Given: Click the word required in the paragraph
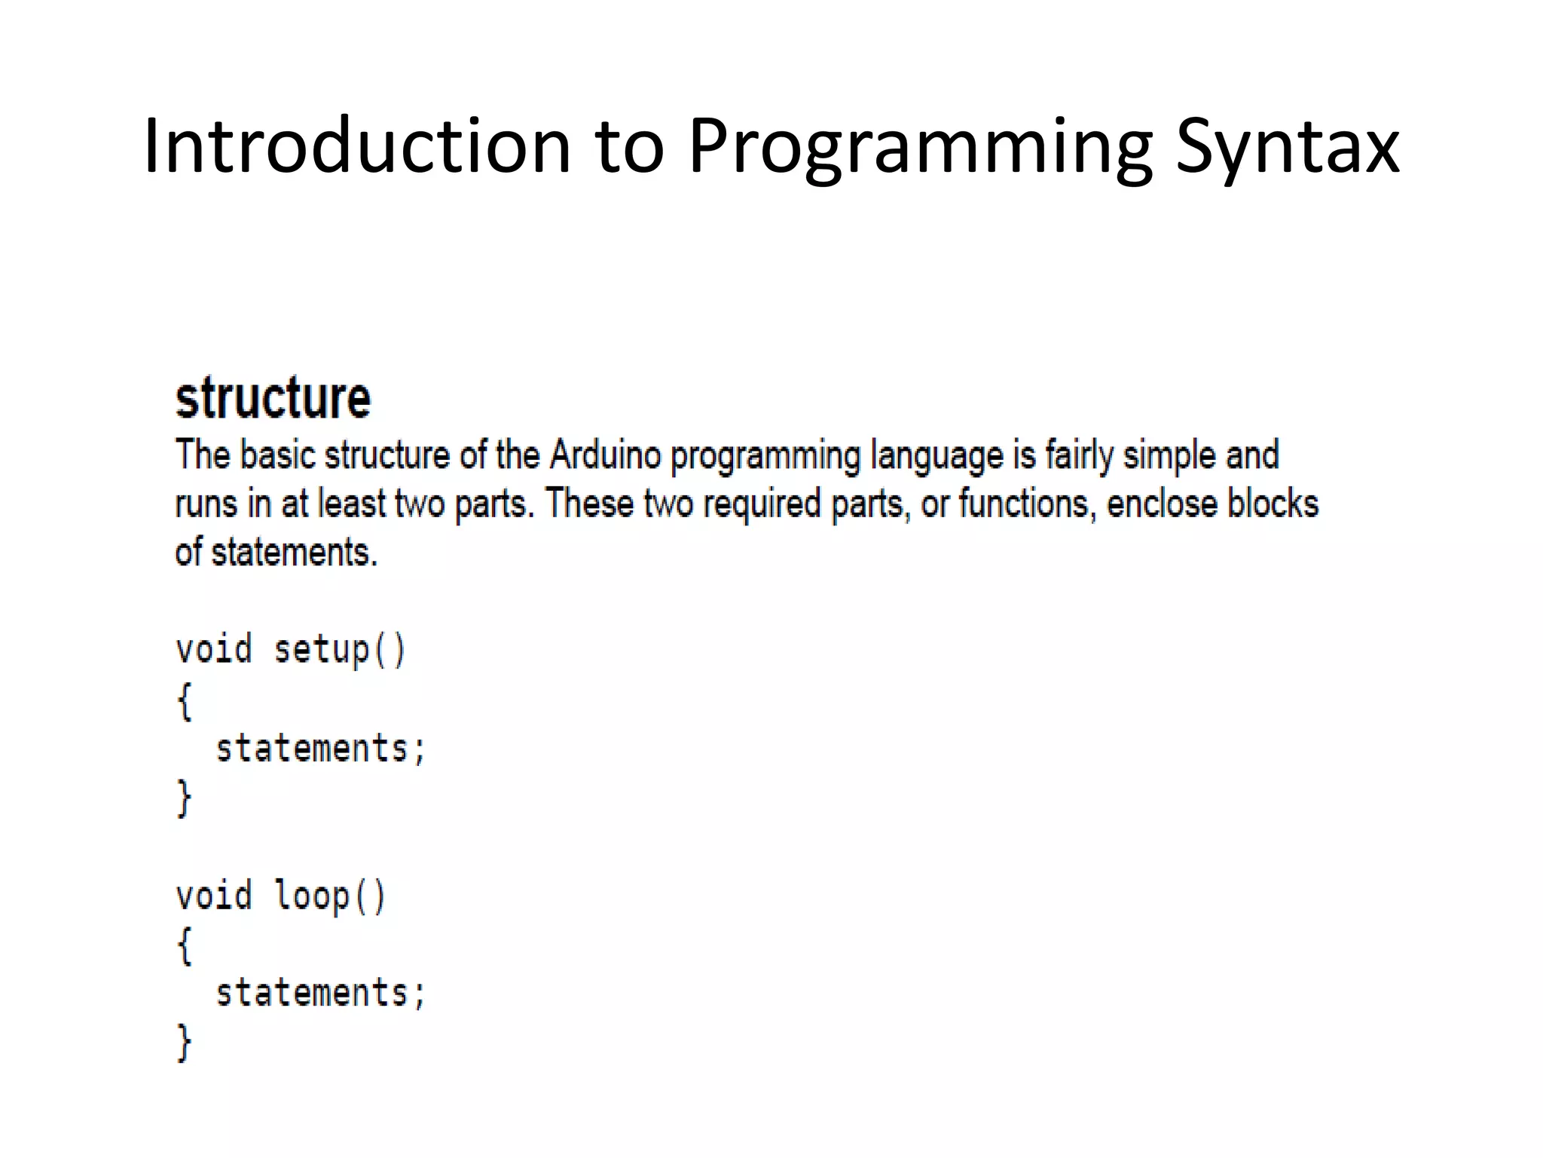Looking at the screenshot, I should coord(761,504).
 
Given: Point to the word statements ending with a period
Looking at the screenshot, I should coord(294,553).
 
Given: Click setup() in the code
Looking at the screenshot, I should coord(340,650).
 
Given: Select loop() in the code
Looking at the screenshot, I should coord(330,896).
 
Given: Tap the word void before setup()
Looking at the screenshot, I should coord(213,650).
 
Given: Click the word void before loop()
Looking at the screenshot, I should coord(213,896).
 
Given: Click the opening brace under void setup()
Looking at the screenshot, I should coord(185,700).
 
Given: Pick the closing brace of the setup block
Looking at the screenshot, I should coord(185,798).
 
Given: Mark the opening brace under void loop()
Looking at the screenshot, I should coord(185,945).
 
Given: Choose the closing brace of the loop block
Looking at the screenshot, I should coord(185,1043).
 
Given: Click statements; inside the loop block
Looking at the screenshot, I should coord(321,993).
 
